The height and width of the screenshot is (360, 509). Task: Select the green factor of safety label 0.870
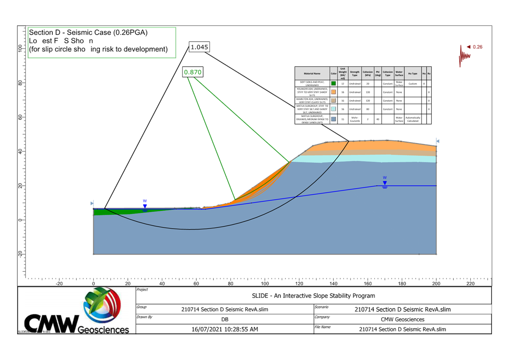point(193,72)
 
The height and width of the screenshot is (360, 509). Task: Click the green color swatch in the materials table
point(333,84)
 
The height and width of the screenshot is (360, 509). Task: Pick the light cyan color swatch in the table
point(333,109)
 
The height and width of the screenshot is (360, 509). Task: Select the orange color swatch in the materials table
point(333,92)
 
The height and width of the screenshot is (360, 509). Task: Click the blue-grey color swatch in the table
point(333,119)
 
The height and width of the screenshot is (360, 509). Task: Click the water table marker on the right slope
point(385,183)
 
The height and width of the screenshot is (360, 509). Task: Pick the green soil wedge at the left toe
point(110,212)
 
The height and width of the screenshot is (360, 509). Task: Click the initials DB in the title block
point(225,319)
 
